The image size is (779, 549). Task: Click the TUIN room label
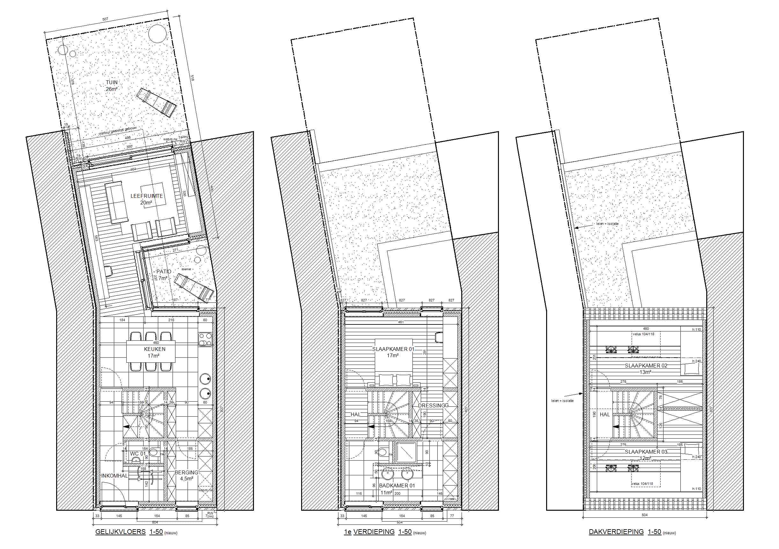click(112, 82)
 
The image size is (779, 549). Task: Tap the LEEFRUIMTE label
click(146, 196)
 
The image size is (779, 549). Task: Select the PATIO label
click(164, 272)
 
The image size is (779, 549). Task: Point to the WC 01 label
click(138, 454)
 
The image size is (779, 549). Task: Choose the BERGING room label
click(186, 472)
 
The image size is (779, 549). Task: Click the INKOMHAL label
click(114, 476)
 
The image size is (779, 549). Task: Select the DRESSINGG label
click(433, 405)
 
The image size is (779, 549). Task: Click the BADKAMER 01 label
click(397, 486)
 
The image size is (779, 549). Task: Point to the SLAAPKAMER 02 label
click(646, 366)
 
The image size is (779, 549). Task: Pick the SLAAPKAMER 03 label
click(646, 452)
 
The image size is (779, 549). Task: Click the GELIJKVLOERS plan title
click(121, 532)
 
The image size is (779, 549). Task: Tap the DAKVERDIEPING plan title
click(616, 532)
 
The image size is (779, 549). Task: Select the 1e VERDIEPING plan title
click(369, 532)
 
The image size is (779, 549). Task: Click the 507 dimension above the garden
click(105, 19)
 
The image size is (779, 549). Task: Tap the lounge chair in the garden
click(157, 102)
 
